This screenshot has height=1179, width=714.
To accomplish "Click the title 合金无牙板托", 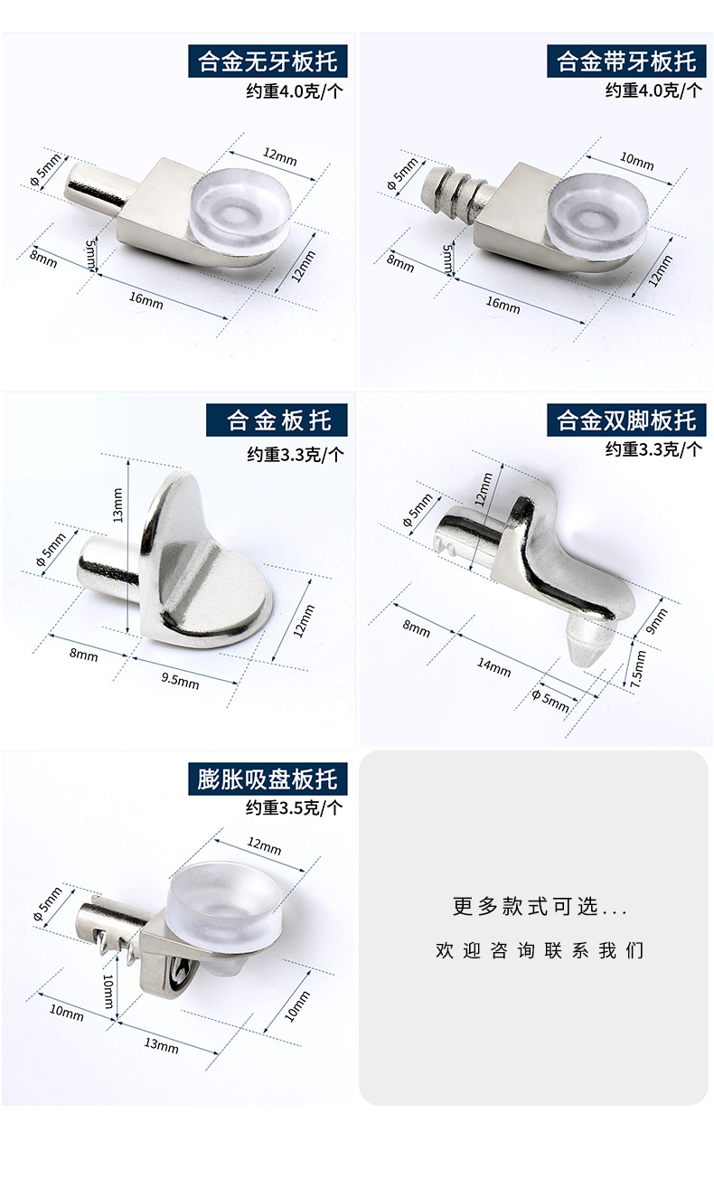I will click(x=268, y=61).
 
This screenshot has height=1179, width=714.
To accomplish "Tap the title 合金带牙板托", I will click(x=626, y=61).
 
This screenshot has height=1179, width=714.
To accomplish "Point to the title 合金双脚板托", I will click(x=626, y=420).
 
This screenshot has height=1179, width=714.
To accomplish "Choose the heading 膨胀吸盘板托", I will click(x=268, y=778).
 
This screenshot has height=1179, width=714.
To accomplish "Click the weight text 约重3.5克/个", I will click(x=295, y=807).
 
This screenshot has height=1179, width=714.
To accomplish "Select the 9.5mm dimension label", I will click(x=179, y=678).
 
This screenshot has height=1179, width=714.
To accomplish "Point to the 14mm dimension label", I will click(x=493, y=667).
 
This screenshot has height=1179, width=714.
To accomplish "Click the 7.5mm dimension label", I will click(x=637, y=670).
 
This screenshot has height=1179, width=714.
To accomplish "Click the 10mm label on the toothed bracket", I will click(x=636, y=161).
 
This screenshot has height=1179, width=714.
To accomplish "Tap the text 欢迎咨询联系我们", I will click(x=540, y=950).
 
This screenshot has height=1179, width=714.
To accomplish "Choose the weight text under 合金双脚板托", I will click(x=653, y=448).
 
